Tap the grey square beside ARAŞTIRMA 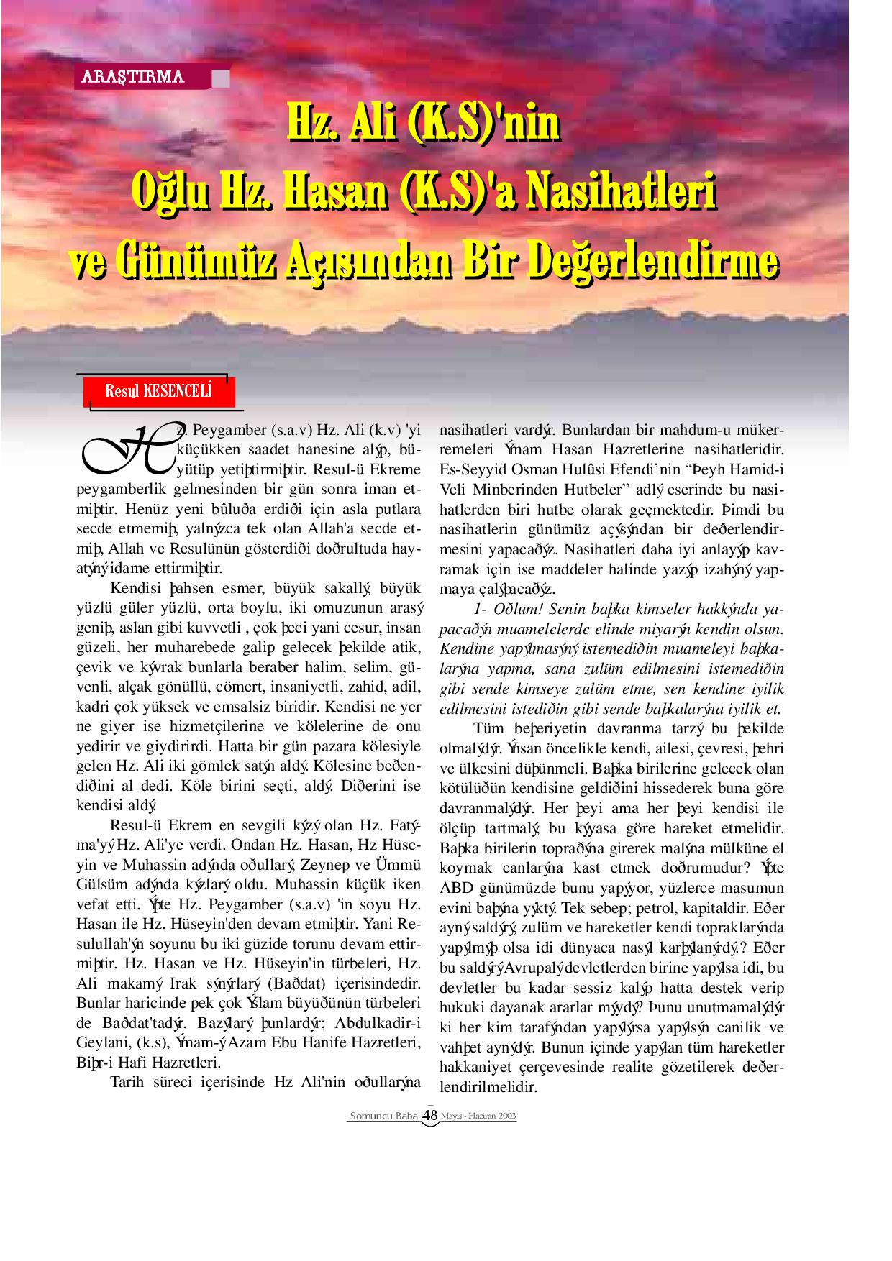[222, 78]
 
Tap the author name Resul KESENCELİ [159, 392]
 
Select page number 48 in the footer [430, 1115]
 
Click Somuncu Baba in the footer [383, 1116]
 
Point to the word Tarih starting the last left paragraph [128, 1082]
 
